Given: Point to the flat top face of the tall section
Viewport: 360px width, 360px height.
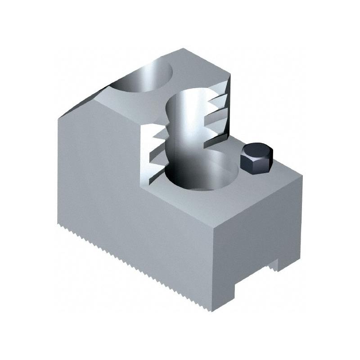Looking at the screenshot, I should click(x=198, y=67).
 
